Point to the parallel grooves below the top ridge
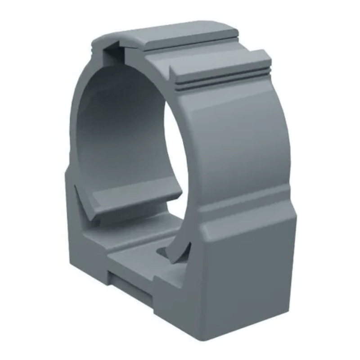pyautogui.click(x=225, y=80)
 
